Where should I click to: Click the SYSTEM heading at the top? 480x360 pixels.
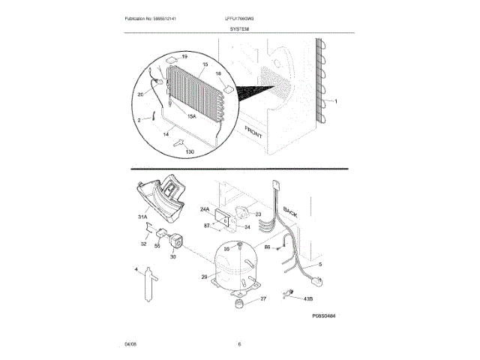[x=240, y=28]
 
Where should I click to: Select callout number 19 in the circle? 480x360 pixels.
[x=184, y=57]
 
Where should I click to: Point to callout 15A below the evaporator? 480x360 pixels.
[x=192, y=117]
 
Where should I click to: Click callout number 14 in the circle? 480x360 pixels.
[x=166, y=133]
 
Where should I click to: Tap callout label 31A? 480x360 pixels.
[x=142, y=218]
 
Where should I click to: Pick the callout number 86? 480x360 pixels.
[x=267, y=246]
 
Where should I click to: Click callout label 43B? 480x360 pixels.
[x=307, y=299]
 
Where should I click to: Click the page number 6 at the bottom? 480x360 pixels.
[x=239, y=344]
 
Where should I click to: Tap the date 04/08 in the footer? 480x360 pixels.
[x=130, y=344]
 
